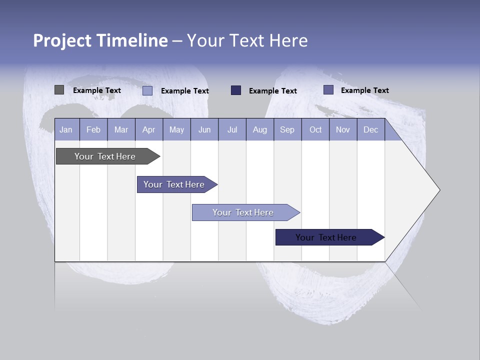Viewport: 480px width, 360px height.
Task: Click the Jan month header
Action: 66,129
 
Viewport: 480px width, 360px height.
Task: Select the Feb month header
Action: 93,129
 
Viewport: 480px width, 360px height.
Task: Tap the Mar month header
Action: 121,129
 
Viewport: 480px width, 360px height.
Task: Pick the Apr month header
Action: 149,129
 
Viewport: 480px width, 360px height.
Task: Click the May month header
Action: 176,129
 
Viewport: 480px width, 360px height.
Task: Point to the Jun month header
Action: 204,129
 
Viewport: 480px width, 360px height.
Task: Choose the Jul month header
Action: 232,129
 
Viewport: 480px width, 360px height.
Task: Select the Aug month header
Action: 260,129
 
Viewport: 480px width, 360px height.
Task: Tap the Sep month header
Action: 287,129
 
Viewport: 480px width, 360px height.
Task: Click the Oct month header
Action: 315,129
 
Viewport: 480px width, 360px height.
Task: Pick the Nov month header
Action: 343,129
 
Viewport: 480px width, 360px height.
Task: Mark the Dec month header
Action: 371,129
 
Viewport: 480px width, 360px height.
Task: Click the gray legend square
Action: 59,90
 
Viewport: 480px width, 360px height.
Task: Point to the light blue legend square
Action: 147,90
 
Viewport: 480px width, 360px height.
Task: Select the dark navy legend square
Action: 236,90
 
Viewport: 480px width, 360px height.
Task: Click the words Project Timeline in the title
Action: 100,40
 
